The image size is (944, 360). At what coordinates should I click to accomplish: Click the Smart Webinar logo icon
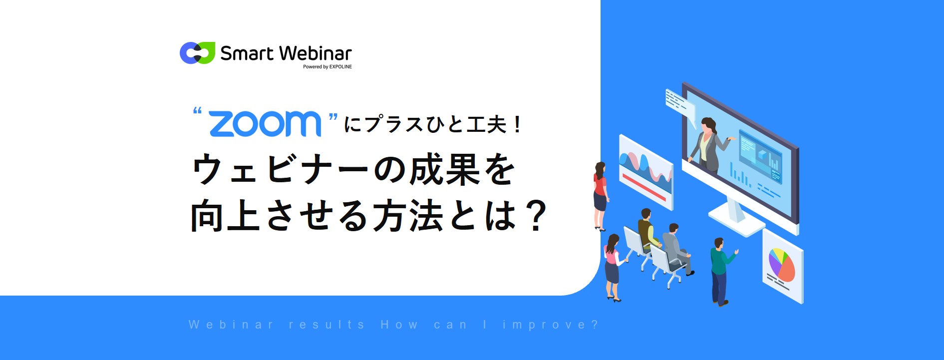pos(197,53)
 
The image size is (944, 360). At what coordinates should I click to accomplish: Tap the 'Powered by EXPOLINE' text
pos(327,67)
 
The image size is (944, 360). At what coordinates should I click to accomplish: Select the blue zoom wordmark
pos(265,123)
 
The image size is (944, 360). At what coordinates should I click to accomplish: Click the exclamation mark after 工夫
pos(517,124)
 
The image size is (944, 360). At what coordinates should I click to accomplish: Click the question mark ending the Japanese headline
pos(537,216)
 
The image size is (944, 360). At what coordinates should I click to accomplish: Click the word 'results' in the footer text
pos(327,325)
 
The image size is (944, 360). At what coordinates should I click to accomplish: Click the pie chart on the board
pos(781,264)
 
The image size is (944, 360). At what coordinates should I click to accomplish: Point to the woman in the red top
pos(600,195)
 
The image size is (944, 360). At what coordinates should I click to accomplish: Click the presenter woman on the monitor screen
pos(708,145)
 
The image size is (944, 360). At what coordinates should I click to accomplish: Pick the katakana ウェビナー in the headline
pos(280,170)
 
